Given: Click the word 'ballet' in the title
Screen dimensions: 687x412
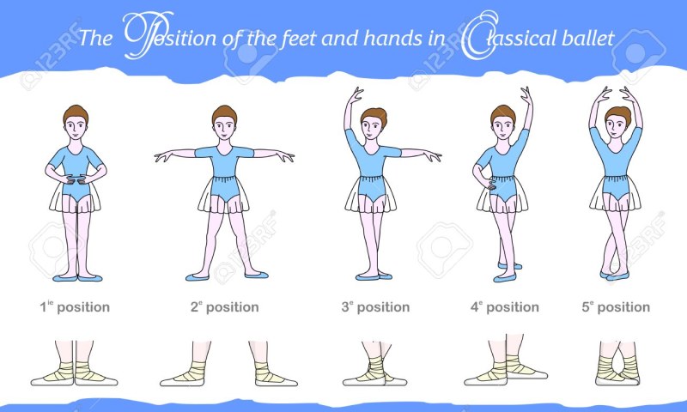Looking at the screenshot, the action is tap(588, 38).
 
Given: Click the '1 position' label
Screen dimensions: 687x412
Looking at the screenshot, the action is tap(75, 306).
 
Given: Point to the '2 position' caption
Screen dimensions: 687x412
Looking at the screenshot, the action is tap(224, 306).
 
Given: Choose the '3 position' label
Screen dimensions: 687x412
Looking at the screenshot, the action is tap(375, 306).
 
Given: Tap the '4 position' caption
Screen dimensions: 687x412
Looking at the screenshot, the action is tap(505, 306).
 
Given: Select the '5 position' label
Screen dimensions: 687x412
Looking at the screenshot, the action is tap(616, 306).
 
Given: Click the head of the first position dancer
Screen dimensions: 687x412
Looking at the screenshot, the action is tap(76, 123).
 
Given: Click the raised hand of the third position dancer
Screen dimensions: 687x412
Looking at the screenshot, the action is tap(356, 94).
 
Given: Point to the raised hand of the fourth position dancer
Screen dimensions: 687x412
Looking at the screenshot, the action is tap(526, 95).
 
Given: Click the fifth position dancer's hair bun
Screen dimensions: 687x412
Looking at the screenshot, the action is tap(618, 113).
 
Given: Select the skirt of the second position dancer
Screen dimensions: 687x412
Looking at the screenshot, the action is tap(224, 195).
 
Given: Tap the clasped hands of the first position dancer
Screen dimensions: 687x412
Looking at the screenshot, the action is tap(76, 179).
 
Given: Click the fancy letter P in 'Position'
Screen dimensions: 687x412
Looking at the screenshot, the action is tap(149, 35).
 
